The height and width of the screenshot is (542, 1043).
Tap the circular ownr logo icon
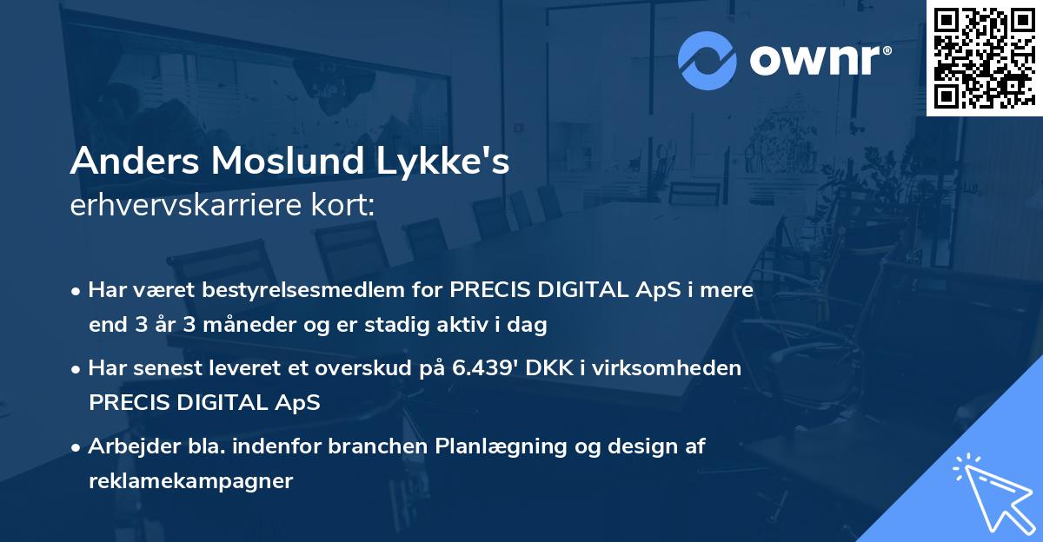(708, 60)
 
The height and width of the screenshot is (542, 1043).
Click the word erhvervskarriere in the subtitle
(189, 206)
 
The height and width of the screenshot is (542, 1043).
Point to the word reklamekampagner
(191, 481)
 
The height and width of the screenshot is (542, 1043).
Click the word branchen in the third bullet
(398, 446)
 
